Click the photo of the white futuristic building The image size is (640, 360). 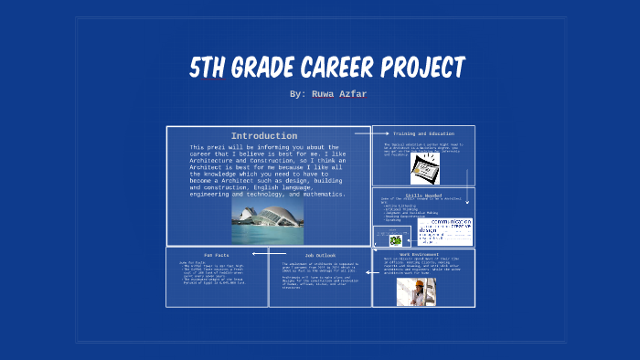(267, 222)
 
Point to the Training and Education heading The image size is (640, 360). (423, 133)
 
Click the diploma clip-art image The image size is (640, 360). (425, 167)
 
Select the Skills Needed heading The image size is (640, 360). (423, 195)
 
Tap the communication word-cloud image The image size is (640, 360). (444, 231)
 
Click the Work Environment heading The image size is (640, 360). (424, 254)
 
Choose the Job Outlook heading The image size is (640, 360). (320, 254)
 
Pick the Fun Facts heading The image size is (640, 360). (217, 254)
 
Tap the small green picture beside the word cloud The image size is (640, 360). (396, 239)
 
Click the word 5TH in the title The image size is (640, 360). (209, 68)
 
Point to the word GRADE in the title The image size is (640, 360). (262, 68)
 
